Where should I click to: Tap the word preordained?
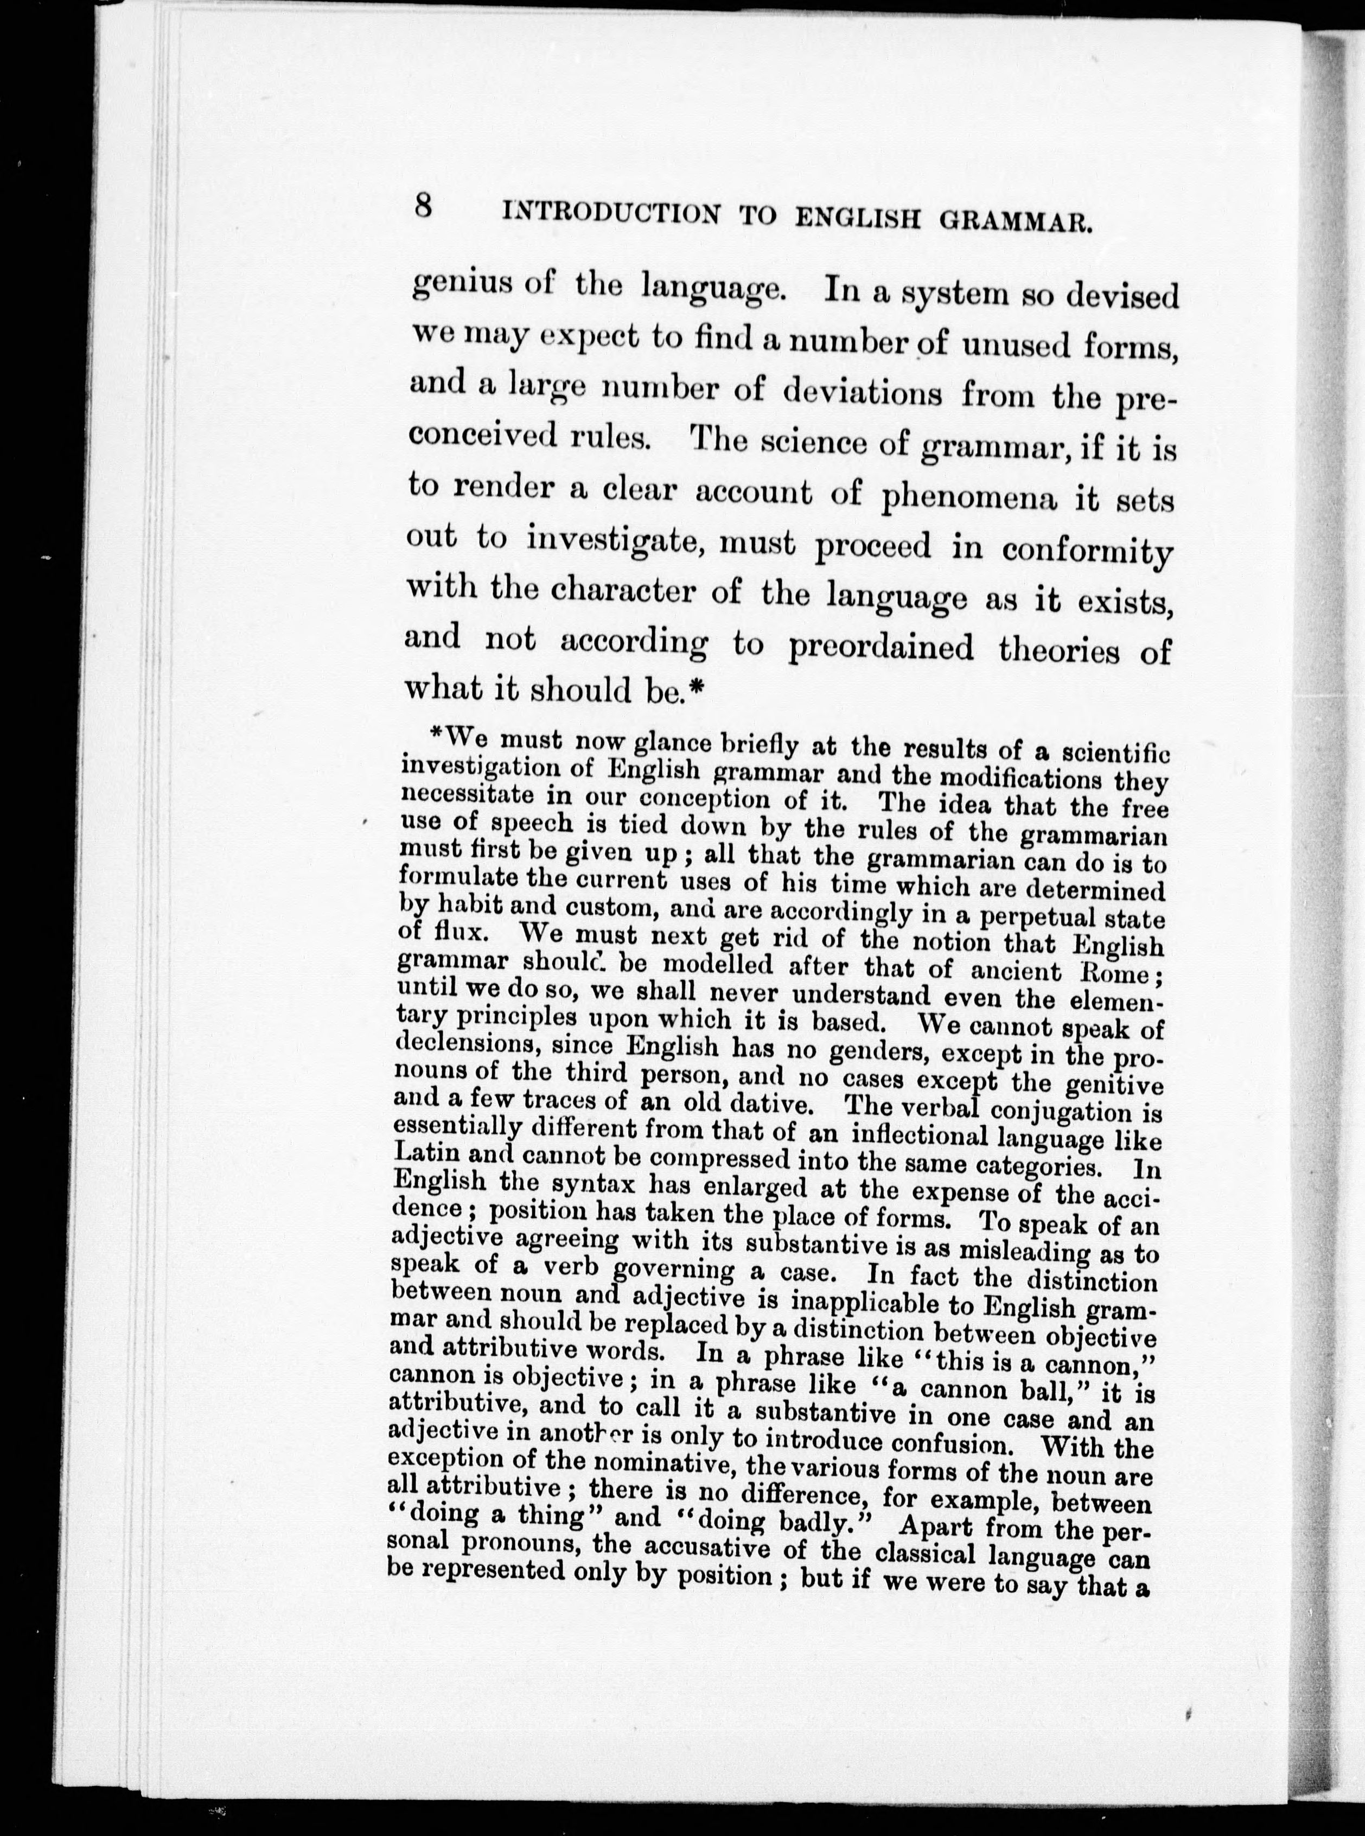pos(881,647)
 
